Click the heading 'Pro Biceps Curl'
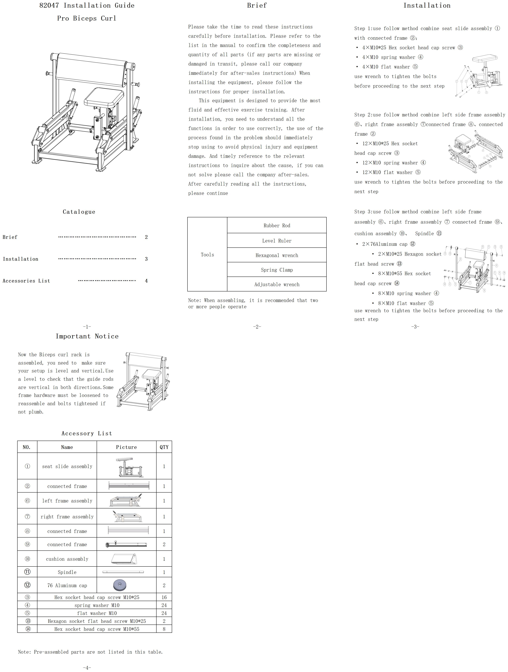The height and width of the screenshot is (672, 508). (x=87, y=18)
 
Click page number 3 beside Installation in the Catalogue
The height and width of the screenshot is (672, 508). (x=146, y=259)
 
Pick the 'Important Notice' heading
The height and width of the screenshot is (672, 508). (x=87, y=336)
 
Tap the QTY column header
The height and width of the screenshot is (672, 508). (x=164, y=447)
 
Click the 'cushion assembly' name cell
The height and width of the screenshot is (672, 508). (x=67, y=559)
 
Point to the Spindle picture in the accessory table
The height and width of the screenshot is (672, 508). (x=123, y=572)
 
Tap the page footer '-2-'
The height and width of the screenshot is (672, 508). (x=257, y=327)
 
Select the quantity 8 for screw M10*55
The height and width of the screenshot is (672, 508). (x=164, y=629)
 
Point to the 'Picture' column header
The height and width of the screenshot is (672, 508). (x=126, y=447)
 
